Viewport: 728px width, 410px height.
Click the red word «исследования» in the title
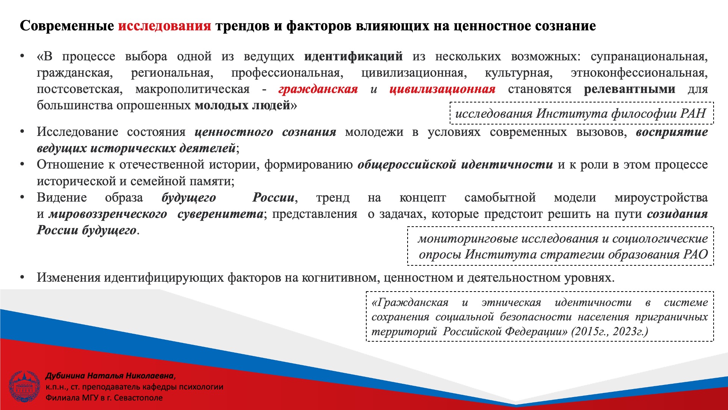pos(165,26)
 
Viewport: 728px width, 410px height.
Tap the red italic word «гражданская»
pos(318,89)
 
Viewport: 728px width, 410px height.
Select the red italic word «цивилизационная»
pos(442,89)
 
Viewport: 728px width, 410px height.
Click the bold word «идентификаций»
pos(353,57)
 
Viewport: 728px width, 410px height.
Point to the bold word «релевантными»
pos(629,89)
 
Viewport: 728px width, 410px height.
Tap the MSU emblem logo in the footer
pos(24,386)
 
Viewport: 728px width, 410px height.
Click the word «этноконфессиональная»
pos(639,73)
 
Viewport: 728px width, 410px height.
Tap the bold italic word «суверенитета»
pos(220,214)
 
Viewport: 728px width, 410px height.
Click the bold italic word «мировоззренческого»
pos(108,214)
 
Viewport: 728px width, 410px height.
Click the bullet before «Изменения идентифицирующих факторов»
pos(23,277)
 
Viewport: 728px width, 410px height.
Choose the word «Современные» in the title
pos(67,26)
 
